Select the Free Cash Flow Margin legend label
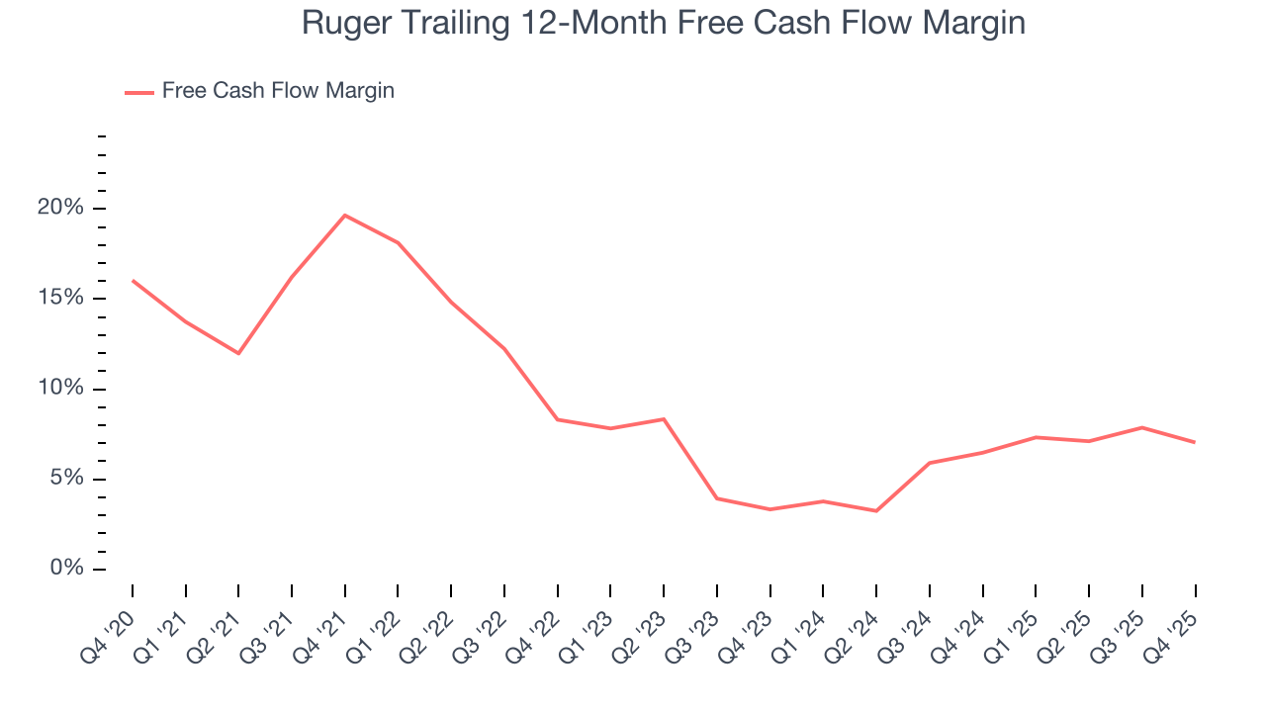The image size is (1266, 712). coord(278,91)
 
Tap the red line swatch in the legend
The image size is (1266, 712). coord(138,92)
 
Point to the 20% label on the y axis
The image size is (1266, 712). coord(61,209)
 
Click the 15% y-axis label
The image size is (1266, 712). coord(61,299)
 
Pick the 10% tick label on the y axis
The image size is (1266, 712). coord(61,389)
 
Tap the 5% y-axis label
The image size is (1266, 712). coord(67,480)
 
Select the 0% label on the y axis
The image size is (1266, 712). coord(67,569)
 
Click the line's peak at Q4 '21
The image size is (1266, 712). coord(344,215)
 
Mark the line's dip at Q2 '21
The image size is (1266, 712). coord(238,353)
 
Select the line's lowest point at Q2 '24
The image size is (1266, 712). coord(876,511)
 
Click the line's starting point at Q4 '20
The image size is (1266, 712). coord(133,281)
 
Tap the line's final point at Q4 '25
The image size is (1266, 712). coord(1195,442)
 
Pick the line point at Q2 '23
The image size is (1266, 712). coord(664,419)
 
